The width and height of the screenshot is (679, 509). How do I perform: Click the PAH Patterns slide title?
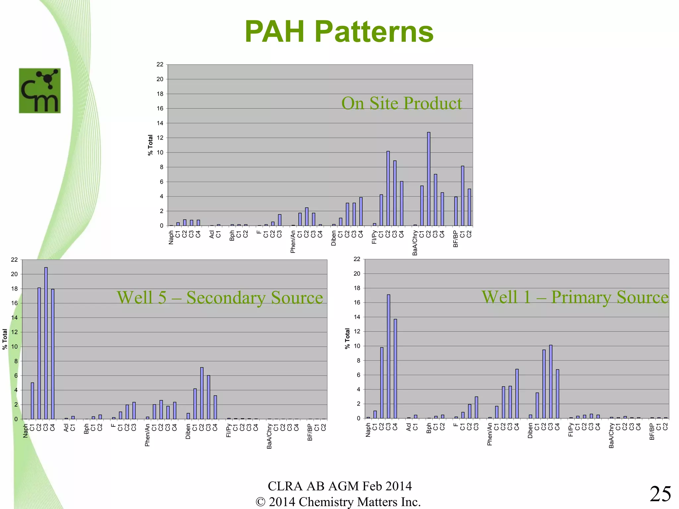tap(339, 31)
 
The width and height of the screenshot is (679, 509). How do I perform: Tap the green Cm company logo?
tap(40, 91)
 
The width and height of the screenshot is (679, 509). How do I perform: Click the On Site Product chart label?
tap(401, 103)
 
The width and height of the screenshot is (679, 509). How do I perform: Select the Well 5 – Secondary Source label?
tap(220, 297)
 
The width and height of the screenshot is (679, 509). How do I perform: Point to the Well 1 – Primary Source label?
tap(575, 297)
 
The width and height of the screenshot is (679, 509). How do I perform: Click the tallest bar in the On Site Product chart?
tap(429, 179)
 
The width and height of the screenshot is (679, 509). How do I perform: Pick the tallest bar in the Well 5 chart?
tap(46, 343)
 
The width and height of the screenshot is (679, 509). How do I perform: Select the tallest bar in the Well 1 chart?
tap(389, 356)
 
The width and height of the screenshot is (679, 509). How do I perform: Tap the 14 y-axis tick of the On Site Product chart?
tap(160, 123)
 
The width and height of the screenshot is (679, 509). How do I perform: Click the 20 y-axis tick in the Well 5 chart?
tap(14, 274)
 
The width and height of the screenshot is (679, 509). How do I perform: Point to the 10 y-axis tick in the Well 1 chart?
tap(357, 346)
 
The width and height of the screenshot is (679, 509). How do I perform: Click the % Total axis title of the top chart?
tap(151, 145)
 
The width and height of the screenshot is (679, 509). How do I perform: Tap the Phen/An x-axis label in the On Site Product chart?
tap(293, 242)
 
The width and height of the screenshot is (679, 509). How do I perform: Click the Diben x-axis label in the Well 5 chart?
tap(188, 431)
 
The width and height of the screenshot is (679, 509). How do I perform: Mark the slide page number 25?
tap(660, 494)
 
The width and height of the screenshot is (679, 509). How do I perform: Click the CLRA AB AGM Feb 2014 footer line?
tap(339, 486)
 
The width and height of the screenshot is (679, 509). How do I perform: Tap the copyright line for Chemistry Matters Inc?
tap(338, 502)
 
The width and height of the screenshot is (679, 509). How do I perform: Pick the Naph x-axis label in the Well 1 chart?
tap(368, 430)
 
